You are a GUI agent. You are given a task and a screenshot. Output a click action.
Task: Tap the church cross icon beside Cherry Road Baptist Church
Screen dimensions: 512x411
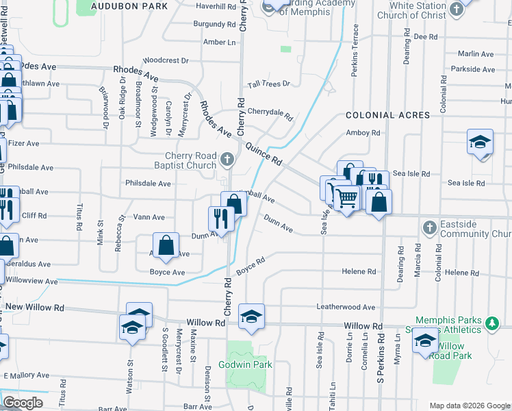click(228, 160)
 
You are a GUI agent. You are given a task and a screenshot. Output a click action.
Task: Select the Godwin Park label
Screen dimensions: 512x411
click(245, 364)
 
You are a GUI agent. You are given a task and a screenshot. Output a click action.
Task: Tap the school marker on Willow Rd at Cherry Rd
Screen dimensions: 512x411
click(251, 316)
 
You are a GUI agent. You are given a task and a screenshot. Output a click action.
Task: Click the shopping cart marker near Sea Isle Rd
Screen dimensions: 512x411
click(347, 199)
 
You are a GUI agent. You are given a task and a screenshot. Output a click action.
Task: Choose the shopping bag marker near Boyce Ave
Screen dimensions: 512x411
click(166, 245)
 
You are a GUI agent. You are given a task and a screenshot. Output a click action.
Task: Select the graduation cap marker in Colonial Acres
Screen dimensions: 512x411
click(480, 142)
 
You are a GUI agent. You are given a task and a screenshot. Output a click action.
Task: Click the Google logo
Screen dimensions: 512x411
click(23, 403)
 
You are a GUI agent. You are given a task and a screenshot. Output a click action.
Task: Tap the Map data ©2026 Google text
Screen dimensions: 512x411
click(469, 406)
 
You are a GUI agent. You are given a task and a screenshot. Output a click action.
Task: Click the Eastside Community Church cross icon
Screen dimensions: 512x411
click(429, 227)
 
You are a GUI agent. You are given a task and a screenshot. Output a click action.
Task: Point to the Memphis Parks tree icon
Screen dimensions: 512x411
click(490, 321)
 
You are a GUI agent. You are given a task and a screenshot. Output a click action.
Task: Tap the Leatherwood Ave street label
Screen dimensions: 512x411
click(346, 307)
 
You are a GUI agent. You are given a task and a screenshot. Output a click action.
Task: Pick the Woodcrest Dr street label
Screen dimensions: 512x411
click(166, 60)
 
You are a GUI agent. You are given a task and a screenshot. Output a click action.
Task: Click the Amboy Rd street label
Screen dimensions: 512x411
click(363, 133)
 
